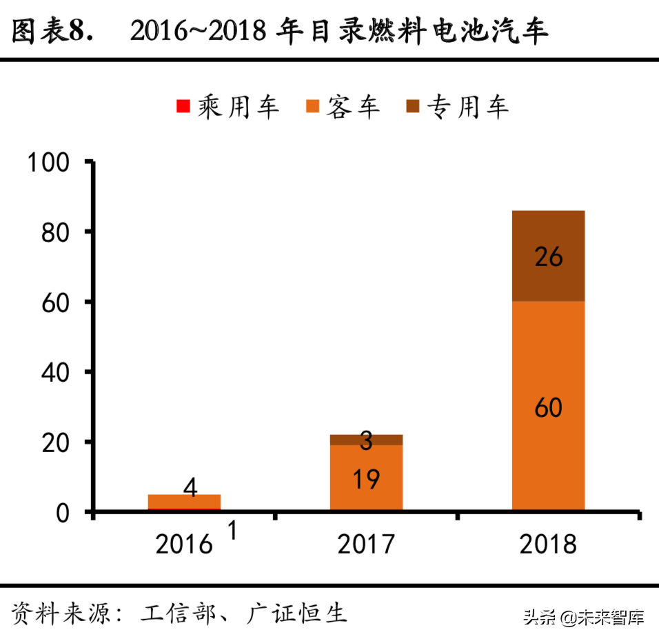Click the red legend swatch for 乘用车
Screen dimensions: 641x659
183,106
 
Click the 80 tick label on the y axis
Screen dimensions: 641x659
56,232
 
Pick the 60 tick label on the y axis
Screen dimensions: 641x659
56,303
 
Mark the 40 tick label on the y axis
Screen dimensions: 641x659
56,372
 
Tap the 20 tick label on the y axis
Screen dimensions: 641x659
56,442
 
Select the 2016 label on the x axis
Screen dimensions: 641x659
184,545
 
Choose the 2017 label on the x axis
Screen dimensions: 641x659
366,545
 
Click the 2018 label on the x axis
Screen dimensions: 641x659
548,545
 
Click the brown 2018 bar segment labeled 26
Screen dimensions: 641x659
549,256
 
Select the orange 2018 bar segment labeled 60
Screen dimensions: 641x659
549,407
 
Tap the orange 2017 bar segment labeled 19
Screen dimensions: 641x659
366,478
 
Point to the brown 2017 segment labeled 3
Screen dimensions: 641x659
366,440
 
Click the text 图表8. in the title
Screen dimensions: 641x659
52,31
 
